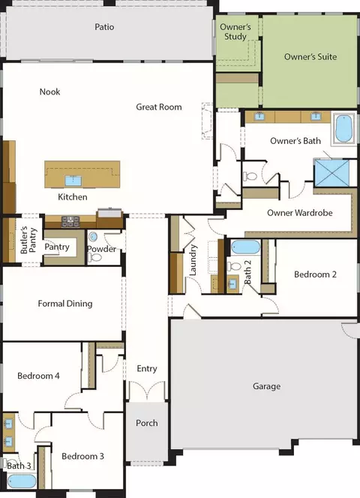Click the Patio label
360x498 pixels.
(x=104, y=27)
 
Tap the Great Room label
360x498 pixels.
(x=159, y=107)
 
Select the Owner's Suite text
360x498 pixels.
(x=310, y=57)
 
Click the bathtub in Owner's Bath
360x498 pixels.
(x=343, y=128)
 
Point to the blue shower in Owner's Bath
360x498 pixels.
(x=331, y=172)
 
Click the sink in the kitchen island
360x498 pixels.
(x=73, y=181)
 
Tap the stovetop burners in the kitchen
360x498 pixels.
(x=70, y=220)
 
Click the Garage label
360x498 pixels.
(x=266, y=386)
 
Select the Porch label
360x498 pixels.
(x=147, y=423)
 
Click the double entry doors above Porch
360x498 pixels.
(x=147, y=390)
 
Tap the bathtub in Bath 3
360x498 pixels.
(x=22, y=481)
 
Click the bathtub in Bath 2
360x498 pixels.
(x=245, y=247)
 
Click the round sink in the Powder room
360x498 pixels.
(x=93, y=236)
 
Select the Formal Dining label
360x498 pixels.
(x=65, y=304)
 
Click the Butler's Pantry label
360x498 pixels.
(x=28, y=240)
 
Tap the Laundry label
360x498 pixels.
(x=193, y=260)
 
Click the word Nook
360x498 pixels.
(x=50, y=91)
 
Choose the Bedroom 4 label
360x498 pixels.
(x=38, y=376)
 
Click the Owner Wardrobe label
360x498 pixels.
(x=300, y=213)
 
